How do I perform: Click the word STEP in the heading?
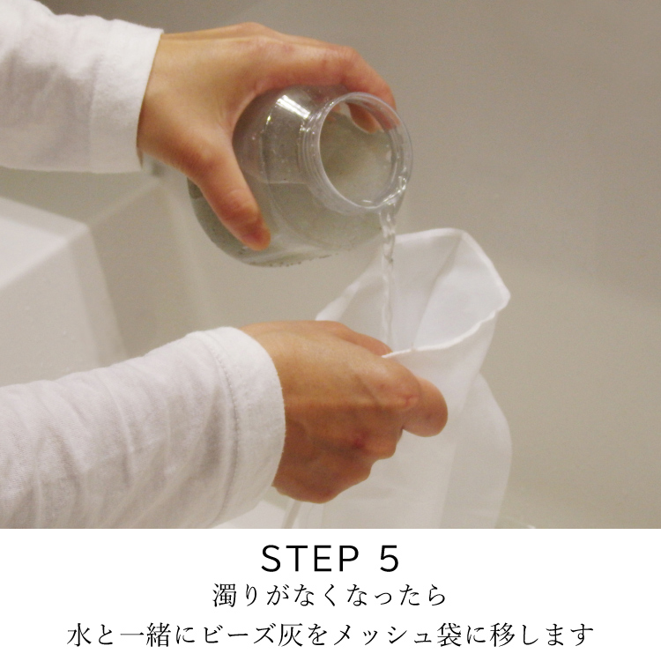coord(310,558)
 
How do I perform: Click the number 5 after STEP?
coord(387,558)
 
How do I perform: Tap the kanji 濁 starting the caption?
coord(227,595)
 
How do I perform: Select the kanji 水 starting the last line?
coord(79,635)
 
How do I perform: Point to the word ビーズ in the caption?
coord(239,635)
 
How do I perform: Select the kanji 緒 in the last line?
coord(159,635)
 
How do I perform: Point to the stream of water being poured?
coord(388,270)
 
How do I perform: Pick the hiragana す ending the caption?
coord(582,635)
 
